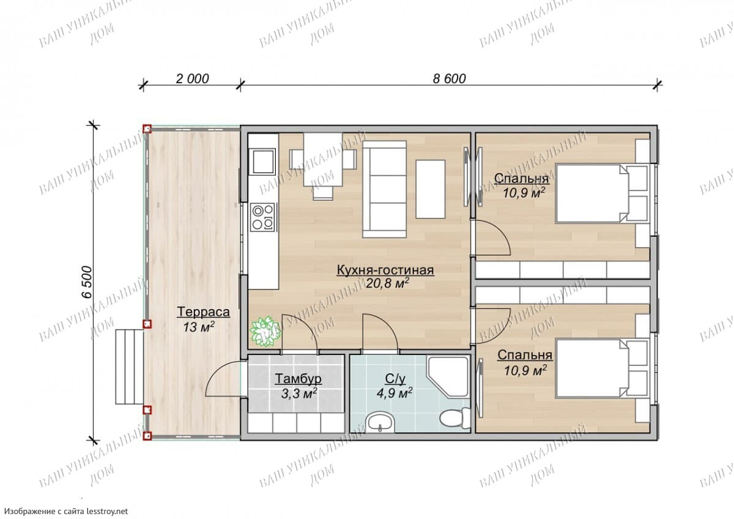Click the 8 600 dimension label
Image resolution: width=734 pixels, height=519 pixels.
[449, 79]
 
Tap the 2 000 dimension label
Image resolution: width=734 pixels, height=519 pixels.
[192, 79]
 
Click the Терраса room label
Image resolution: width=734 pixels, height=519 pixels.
[203, 312]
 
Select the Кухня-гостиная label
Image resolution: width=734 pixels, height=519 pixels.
[385, 270]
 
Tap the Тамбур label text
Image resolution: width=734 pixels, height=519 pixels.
[298, 379]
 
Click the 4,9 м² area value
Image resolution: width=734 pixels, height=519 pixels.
[395, 393]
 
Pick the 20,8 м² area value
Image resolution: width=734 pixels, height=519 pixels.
[387, 283]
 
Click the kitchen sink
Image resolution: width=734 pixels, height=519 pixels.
[262, 162]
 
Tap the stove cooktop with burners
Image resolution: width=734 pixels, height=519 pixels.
[262, 217]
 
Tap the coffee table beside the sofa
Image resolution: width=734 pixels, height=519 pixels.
[431, 189]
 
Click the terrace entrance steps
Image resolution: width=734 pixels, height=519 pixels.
[130, 367]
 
